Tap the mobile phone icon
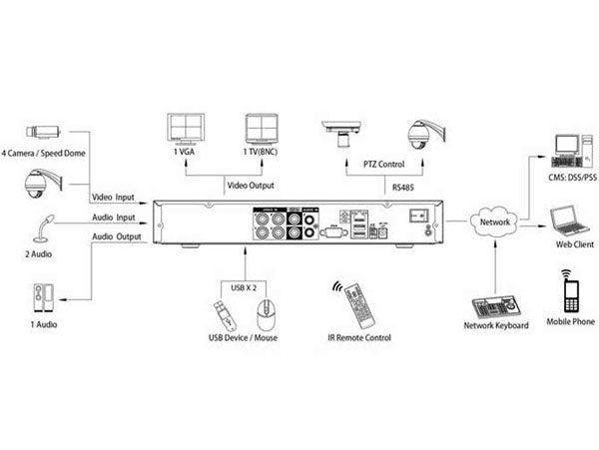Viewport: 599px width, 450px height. [570, 291]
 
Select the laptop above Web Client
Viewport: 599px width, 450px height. [570, 219]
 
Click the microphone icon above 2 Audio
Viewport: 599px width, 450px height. [43, 228]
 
